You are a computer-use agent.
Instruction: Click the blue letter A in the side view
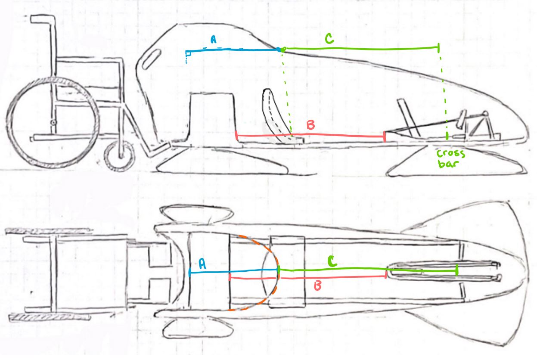pyautogui.click(x=213, y=40)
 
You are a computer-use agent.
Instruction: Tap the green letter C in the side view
pyautogui.click(x=329, y=40)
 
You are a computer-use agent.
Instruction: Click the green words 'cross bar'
pyautogui.click(x=450, y=158)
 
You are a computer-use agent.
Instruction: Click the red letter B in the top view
pyautogui.click(x=318, y=285)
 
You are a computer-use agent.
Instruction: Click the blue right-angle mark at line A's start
pyautogui.click(x=188, y=54)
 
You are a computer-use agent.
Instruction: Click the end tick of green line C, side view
pyautogui.click(x=438, y=47)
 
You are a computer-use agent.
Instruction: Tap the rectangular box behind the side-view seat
pyautogui.click(x=212, y=116)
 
